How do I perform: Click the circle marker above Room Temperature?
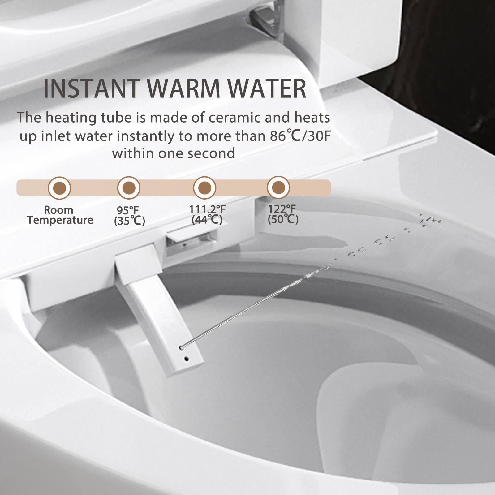point(59,187)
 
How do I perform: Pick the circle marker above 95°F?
point(129,187)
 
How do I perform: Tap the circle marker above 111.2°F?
point(204,187)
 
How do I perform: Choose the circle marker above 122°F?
point(278,187)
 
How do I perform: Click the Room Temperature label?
point(60,215)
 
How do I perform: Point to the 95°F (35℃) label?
point(129,216)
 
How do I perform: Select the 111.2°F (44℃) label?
point(207,214)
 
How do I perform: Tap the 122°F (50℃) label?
point(283,214)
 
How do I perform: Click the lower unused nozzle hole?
point(186,359)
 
